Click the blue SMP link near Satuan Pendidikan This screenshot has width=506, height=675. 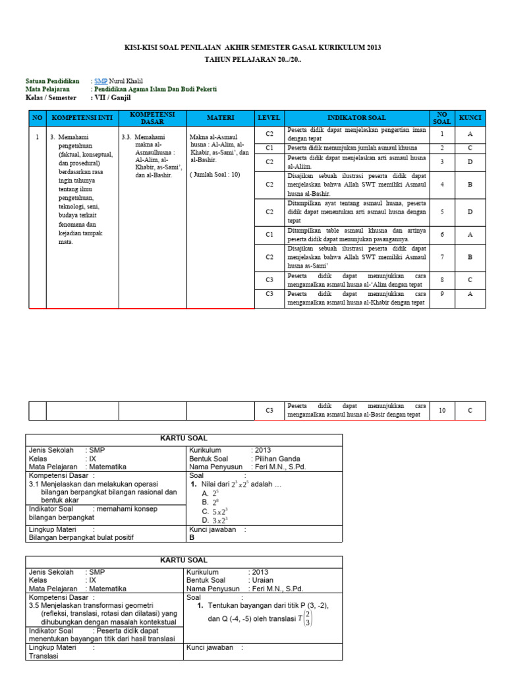(101, 81)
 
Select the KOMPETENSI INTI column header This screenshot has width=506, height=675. (82, 118)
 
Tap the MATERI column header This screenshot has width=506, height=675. (220, 118)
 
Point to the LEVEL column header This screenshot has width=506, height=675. (269, 118)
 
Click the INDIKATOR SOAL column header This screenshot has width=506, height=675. (356, 118)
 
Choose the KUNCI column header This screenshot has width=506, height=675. (470, 118)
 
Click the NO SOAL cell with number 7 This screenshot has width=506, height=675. (442, 256)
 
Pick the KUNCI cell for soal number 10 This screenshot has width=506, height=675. (470, 410)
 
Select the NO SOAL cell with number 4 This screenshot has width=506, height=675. (442, 185)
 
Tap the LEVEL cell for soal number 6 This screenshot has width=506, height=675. (269, 234)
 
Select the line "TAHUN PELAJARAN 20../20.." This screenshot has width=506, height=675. (253, 60)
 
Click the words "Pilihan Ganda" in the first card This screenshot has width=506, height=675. (275, 459)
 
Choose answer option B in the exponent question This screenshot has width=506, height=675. (209, 502)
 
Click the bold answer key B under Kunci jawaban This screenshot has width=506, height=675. (192, 537)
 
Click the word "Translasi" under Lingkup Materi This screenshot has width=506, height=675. (44, 656)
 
